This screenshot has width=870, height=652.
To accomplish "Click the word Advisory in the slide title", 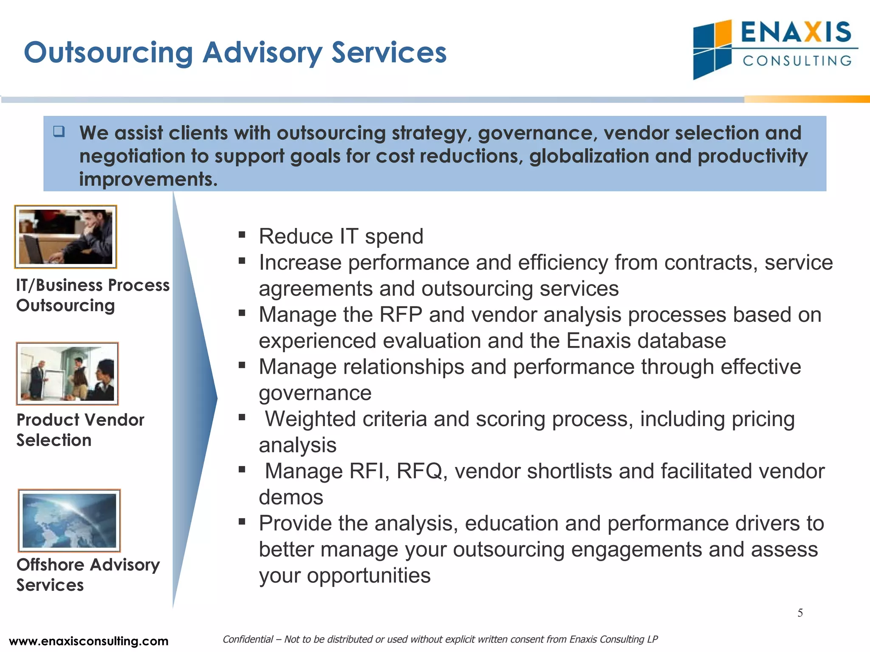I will [262, 53].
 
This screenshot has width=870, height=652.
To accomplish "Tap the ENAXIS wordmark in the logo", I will [796, 32].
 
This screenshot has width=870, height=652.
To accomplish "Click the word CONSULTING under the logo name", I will [797, 61].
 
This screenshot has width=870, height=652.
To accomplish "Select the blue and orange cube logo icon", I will [712, 50].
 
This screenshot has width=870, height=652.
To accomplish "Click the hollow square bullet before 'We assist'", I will [59, 131].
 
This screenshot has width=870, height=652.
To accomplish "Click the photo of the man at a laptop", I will [66, 236].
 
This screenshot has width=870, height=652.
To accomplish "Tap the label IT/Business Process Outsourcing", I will [92, 295].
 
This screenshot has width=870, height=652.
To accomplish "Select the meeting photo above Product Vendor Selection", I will [68, 374].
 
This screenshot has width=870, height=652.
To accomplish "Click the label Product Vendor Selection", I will [80, 430].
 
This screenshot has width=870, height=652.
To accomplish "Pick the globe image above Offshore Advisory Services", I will [69, 520].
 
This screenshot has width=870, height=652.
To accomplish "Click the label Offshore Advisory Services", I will [88, 575].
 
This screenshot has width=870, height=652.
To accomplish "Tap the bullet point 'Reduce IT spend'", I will [341, 236].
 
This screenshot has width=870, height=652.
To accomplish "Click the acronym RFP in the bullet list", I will [401, 315].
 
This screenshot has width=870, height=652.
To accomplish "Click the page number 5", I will [800, 613].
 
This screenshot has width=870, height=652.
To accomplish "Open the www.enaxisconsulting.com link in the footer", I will [88, 641].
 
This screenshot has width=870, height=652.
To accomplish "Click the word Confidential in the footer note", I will [248, 639].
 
